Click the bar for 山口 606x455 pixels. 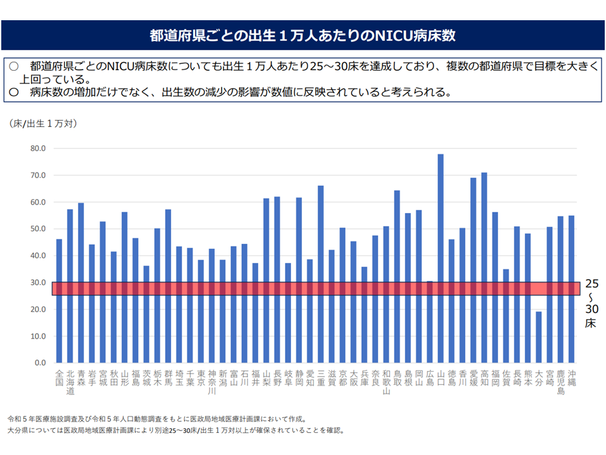(440, 258)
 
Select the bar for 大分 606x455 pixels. (538, 337)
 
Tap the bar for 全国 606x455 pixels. (59, 301)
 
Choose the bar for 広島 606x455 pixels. (429, 322)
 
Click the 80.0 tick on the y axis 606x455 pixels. (38, 149)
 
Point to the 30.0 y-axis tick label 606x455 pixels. (38, 283)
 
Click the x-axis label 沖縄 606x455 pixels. (571, 378)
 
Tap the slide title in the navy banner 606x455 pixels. (303, 35)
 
